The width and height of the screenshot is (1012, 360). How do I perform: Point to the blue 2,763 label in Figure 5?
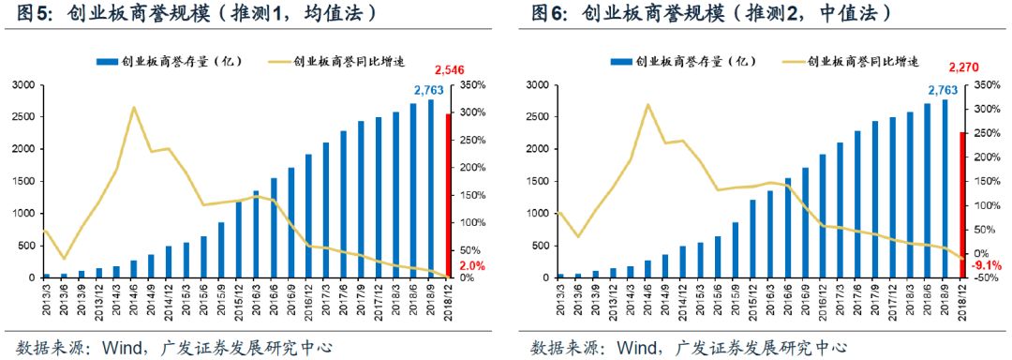pos(431,90)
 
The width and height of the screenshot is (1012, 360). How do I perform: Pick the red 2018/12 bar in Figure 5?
pos(448,196)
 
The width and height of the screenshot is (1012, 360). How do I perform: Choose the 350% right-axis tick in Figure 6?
pos(991,85)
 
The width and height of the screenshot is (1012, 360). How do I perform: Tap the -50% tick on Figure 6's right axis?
pos(991,277)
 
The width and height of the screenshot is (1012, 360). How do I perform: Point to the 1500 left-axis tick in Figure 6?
pos(534,182)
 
